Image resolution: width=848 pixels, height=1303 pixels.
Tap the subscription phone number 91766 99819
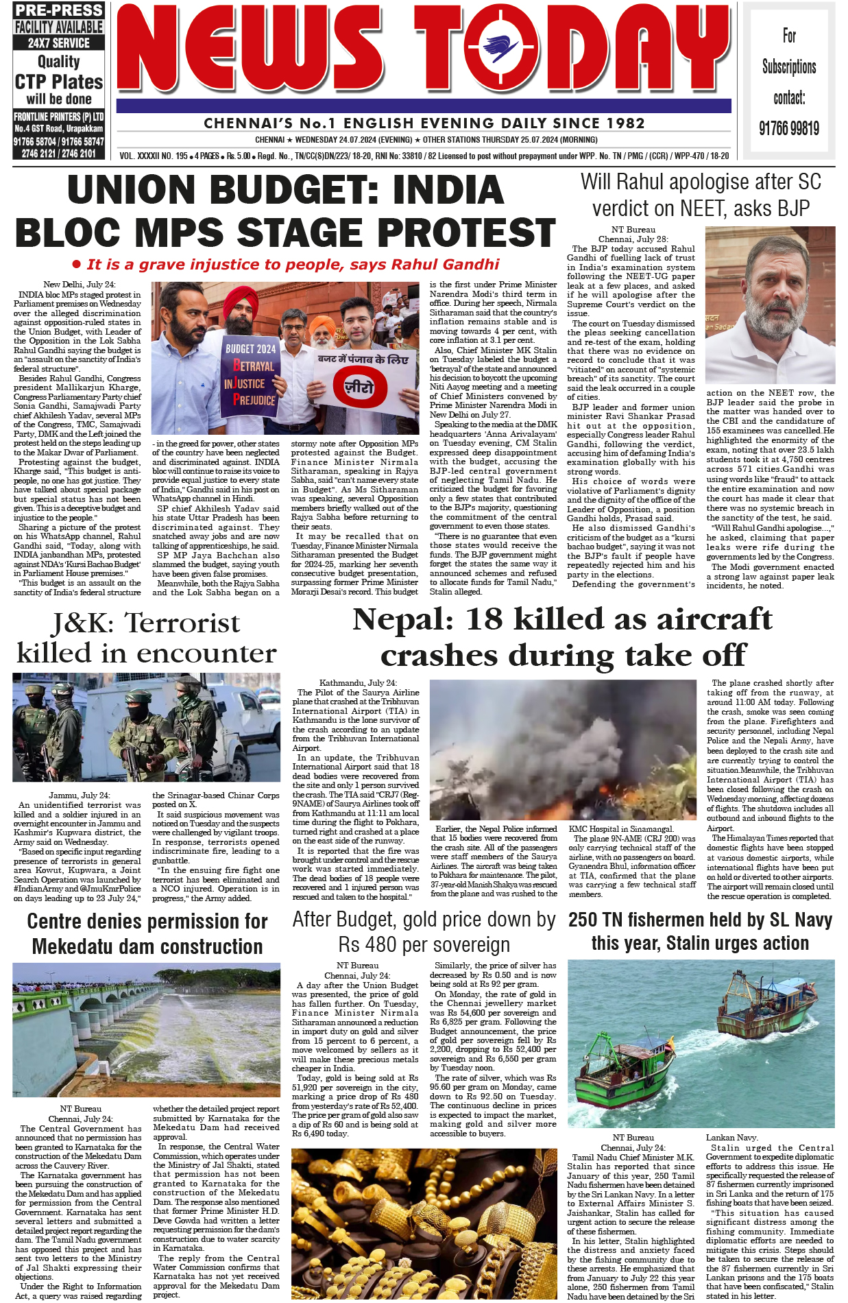pos(789,128)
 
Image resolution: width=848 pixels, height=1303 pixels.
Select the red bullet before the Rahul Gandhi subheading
pos(77,265)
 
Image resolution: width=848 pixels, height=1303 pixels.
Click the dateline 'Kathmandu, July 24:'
pos(358,683)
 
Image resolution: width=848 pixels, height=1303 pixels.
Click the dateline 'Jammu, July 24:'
pos(79,795)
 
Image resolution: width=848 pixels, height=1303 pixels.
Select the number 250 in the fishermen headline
pos(586,920)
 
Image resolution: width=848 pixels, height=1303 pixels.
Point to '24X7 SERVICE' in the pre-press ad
pos(58,43)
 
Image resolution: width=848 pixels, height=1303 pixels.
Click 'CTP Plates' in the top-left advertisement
pos(58,82)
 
